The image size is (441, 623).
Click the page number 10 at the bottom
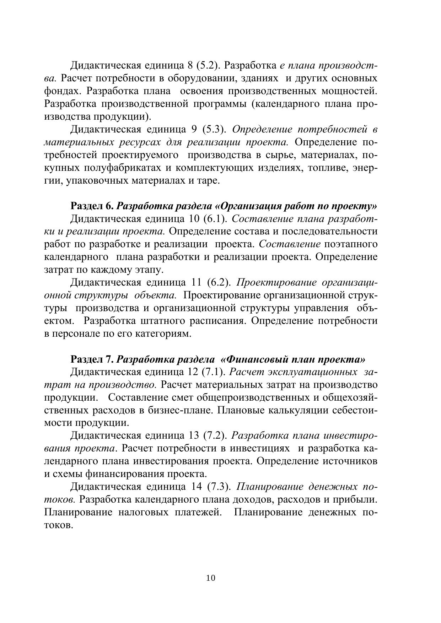(x=210, y=578)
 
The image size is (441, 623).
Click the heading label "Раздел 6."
(x=92, y=206)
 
